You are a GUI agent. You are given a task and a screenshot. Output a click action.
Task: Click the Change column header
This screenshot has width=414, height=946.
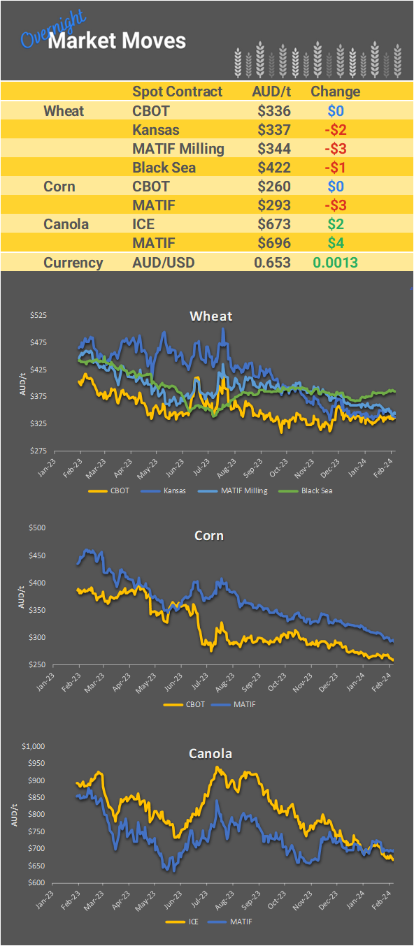click(335, 92)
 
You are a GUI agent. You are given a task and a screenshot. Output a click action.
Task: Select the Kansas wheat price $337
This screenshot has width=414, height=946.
click(273, 129)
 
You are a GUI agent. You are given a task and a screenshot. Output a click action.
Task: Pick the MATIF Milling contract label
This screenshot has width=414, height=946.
click(178, 148)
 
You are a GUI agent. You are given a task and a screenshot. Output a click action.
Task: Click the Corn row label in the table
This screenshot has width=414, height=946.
click(59, 187)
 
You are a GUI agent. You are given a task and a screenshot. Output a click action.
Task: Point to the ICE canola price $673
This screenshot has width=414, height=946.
click(273, 224)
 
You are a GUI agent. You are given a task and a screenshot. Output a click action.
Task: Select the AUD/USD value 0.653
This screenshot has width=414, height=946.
click(272, 263)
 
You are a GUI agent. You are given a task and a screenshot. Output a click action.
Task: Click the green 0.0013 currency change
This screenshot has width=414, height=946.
click(336, 263)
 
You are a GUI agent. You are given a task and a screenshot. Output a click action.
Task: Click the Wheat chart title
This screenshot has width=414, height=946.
click(210, 316)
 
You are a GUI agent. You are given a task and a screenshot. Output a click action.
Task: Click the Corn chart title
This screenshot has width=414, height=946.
click(209, 536)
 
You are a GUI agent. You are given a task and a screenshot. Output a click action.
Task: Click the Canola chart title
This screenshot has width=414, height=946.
click(210, 754)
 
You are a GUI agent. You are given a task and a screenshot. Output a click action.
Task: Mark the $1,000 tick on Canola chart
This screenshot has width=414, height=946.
click(34, 746)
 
